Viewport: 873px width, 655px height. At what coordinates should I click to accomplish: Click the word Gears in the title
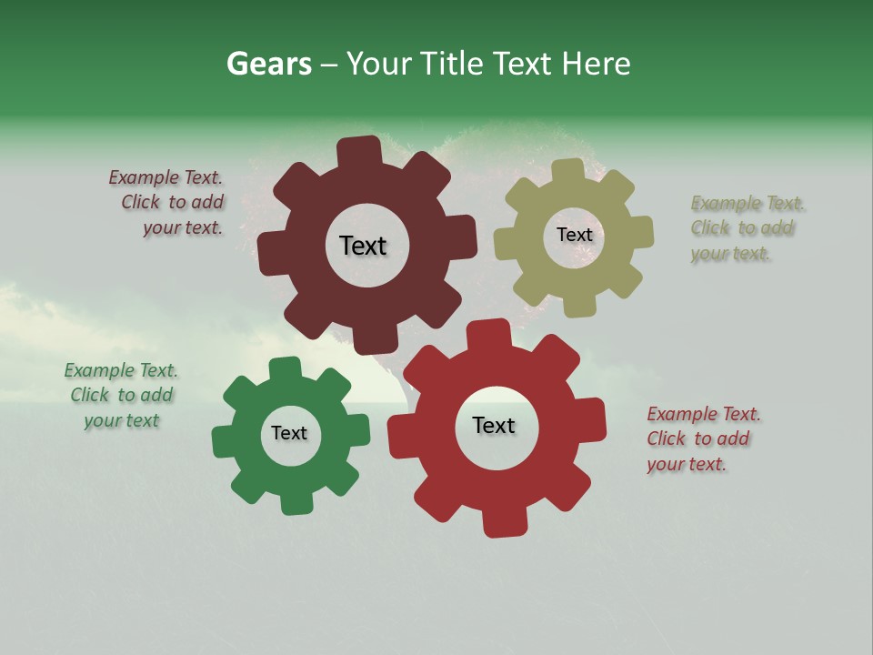(x=268, y=64)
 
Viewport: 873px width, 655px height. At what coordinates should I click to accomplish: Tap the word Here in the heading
(x=596, y=64)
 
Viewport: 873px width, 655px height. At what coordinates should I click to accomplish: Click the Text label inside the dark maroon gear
(x=363, y=246)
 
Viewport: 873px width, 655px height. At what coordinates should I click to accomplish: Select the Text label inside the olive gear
(x=574, y=235)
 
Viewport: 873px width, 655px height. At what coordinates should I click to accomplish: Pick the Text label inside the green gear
(x=289, y=433)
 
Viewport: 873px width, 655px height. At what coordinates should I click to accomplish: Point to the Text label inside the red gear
(x=494, y=425)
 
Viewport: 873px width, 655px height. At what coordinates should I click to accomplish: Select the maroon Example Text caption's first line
(x=166, y=177)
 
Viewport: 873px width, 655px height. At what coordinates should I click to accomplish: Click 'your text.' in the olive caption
(x=730, y=254)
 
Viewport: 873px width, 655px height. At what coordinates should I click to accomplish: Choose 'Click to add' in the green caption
(x=122, y=395)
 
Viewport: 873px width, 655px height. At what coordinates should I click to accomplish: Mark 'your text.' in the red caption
(x=687, y=464)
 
